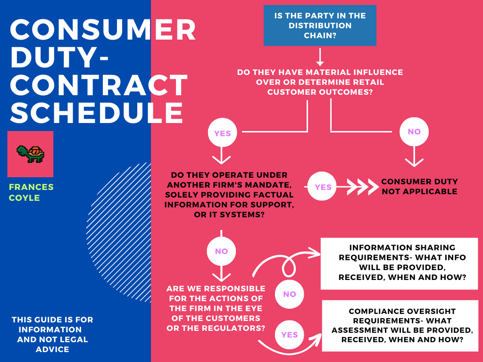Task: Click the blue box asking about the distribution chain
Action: point(320,25)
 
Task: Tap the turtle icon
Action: point(30,154)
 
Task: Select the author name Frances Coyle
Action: point(31,192)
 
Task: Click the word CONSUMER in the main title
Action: point(103,31)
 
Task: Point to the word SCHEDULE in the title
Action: point(97,113)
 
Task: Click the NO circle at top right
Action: point(414,132)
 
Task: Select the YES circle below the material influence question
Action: point(222,133)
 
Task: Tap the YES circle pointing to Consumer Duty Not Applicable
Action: point(323,187)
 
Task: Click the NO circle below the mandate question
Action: point(221,251)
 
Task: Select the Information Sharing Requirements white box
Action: point(402,263)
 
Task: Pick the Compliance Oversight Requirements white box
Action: point(402,325)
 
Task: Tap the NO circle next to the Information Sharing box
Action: point(289,294)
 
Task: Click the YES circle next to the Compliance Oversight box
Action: point(289,335)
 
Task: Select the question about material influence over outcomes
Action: point(320,82)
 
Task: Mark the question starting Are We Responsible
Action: point(216,308)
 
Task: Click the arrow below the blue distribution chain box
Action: point(320,57)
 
